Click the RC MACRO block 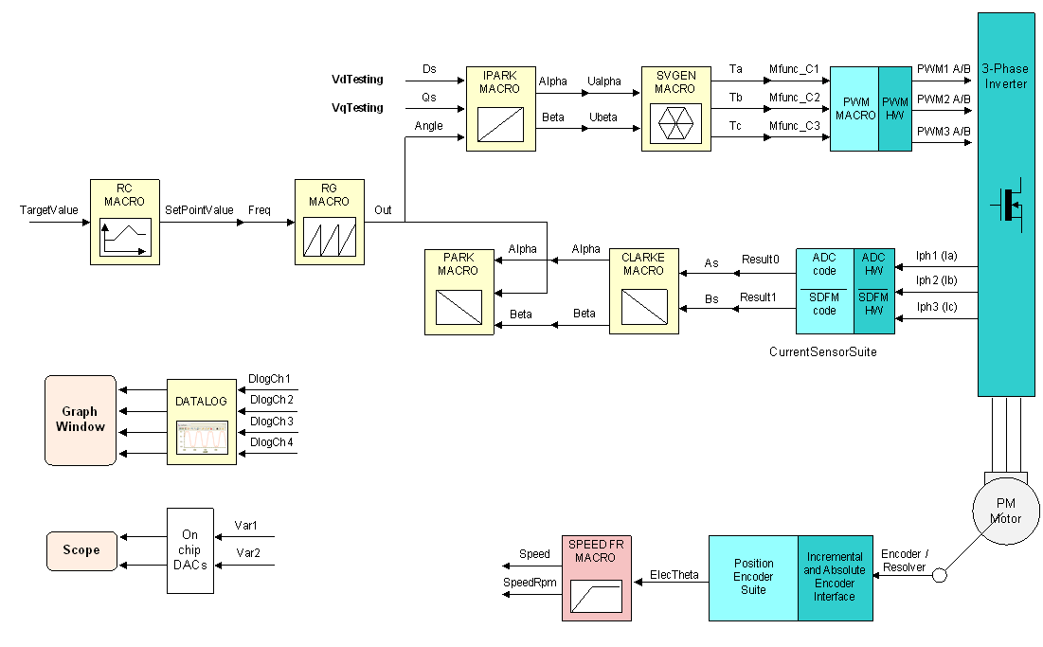click(124, 221)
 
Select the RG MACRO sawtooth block click(329, 221)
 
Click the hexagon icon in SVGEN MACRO click(674, 122)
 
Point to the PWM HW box click(894, 109)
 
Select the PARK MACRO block click(459, 292)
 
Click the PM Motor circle click(1005, 509)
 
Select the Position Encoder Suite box click(753, 577)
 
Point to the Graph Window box click(81, 419)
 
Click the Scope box click(81, 550)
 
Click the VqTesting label click(357, 108)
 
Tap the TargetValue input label click(48, 209)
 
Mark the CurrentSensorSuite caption click(822, 351)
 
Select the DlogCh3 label click(271, 422)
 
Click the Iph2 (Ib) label click(937, 280)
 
